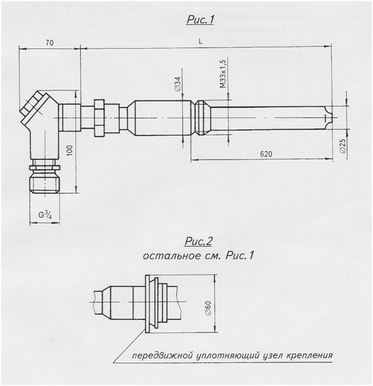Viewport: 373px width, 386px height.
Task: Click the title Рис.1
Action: click(199, 20)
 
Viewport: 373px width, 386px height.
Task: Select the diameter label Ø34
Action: click(178, 85)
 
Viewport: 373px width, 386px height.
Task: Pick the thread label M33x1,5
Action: click(223, 74)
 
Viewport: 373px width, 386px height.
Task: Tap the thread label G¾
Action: click(45, 215)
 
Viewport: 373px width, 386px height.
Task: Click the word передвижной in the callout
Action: click(158, 356)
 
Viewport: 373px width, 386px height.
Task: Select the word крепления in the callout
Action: click(310, 356)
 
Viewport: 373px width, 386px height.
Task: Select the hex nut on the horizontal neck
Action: click(98, 117)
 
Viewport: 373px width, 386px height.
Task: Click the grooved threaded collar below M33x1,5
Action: click(202, 117)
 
